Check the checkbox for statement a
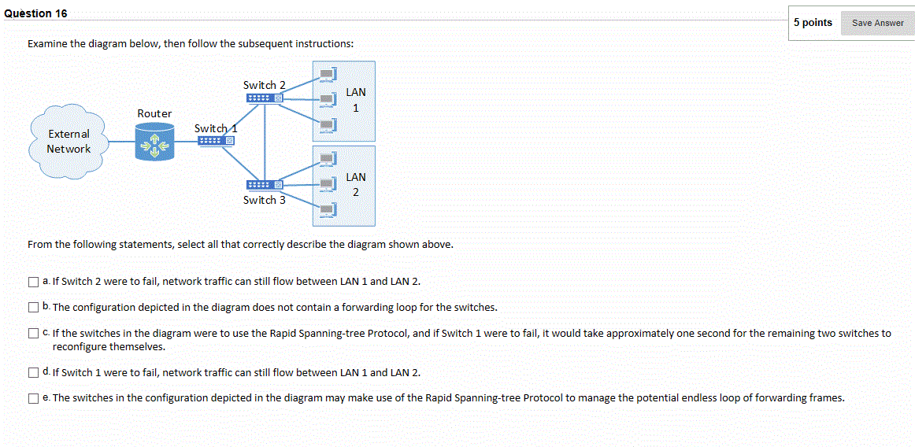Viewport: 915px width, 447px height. click(33, 281)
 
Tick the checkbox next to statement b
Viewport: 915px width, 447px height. click(33, 307)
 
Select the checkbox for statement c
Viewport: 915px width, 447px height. click(33, 333)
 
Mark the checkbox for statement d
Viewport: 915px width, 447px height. click(33, 372)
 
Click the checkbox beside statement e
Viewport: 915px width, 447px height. click(33, 397)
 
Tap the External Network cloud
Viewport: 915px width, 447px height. click(69, 142)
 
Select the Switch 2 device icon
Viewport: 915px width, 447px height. click(264, 98)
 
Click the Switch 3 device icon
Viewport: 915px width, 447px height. click(264, 185)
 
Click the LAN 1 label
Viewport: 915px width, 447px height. click(355, 100)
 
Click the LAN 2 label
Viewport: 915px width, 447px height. click(355, 184)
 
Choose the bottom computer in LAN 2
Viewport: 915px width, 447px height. click(327, 210)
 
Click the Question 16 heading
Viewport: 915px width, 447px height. click(36, 13)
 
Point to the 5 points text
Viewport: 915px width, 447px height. click(813, 22)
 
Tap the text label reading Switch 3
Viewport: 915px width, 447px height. click(264, 200)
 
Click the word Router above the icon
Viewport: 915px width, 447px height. click(154, 113)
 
